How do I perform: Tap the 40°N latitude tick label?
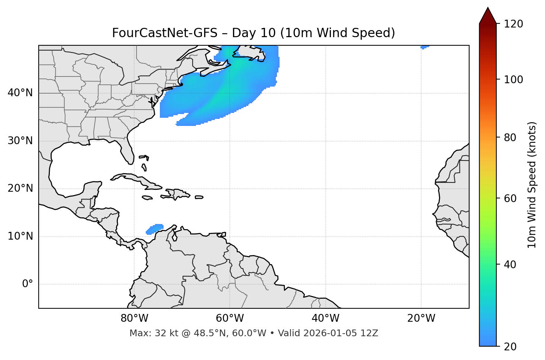pos(20,93)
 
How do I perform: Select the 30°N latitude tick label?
pos(20,141)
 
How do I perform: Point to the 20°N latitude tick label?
pos(20,188)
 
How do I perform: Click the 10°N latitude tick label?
pos(20,236)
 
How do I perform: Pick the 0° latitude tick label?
pos(28,284)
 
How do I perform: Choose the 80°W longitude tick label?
pos(134,318)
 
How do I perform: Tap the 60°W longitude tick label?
pos(230,318)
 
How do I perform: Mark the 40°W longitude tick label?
pos(325,318)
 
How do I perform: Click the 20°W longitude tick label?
pos(421,318)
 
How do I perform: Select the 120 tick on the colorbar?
pos(513,24)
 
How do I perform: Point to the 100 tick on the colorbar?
pos(513,80)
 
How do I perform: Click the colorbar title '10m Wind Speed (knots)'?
pos(532,185)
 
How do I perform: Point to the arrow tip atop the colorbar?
pos(488,8)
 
